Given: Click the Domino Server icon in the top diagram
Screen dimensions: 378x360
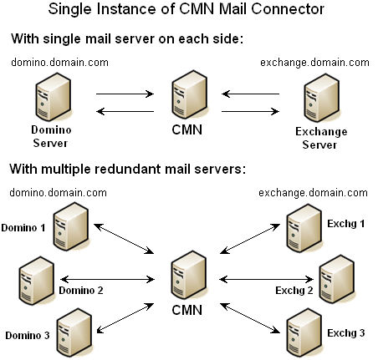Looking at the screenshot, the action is pyautogui.click(x=53, y=97).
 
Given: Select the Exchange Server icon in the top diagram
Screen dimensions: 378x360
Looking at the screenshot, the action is pyautogui.click(x=322, y=98).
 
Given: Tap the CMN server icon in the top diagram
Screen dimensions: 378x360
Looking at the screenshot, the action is pyautogui.click(x=190, y=94).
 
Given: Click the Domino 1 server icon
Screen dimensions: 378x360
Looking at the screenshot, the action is pyautogui.click(x=71, y=226).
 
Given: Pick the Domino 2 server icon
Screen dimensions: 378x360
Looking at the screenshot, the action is pyautogui.click(x=37, y=281).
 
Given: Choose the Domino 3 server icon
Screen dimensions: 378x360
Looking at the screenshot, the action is pyautogui.click(x=74, y=332).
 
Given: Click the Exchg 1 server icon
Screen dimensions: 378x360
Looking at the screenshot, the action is pyautogui.click(x=304, y=228).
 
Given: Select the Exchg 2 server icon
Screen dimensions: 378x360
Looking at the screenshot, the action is pyautogui.click(x=337, y=279).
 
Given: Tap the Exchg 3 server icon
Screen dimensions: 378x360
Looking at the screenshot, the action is pyautogui.click(x=304, y=332).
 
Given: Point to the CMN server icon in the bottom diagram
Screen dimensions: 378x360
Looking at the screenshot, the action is pyautogui.click(x=189, y=275).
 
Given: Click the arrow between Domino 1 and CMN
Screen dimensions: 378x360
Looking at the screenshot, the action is pyautogui.click(x=124, y=239).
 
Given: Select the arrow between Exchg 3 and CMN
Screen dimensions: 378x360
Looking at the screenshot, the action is pyautogui.click(x=250, y=318).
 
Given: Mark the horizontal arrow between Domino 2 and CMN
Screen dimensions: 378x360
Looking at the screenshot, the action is pyautogui.click(x=107, y=279).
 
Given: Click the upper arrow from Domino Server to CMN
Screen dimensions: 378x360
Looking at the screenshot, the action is pyautogui.click(x=125, y=94).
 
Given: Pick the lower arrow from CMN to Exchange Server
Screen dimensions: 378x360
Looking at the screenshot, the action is pyautogui.click(x=250, y=112).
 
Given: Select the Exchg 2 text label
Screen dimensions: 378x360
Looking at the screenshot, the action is pyautogui.click(x=294, y=291).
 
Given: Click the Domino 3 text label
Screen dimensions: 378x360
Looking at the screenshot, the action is pyautogui.click(x=28, y=335).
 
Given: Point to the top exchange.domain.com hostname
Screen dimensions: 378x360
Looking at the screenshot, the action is pyautogui.click(x=314, y=63).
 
